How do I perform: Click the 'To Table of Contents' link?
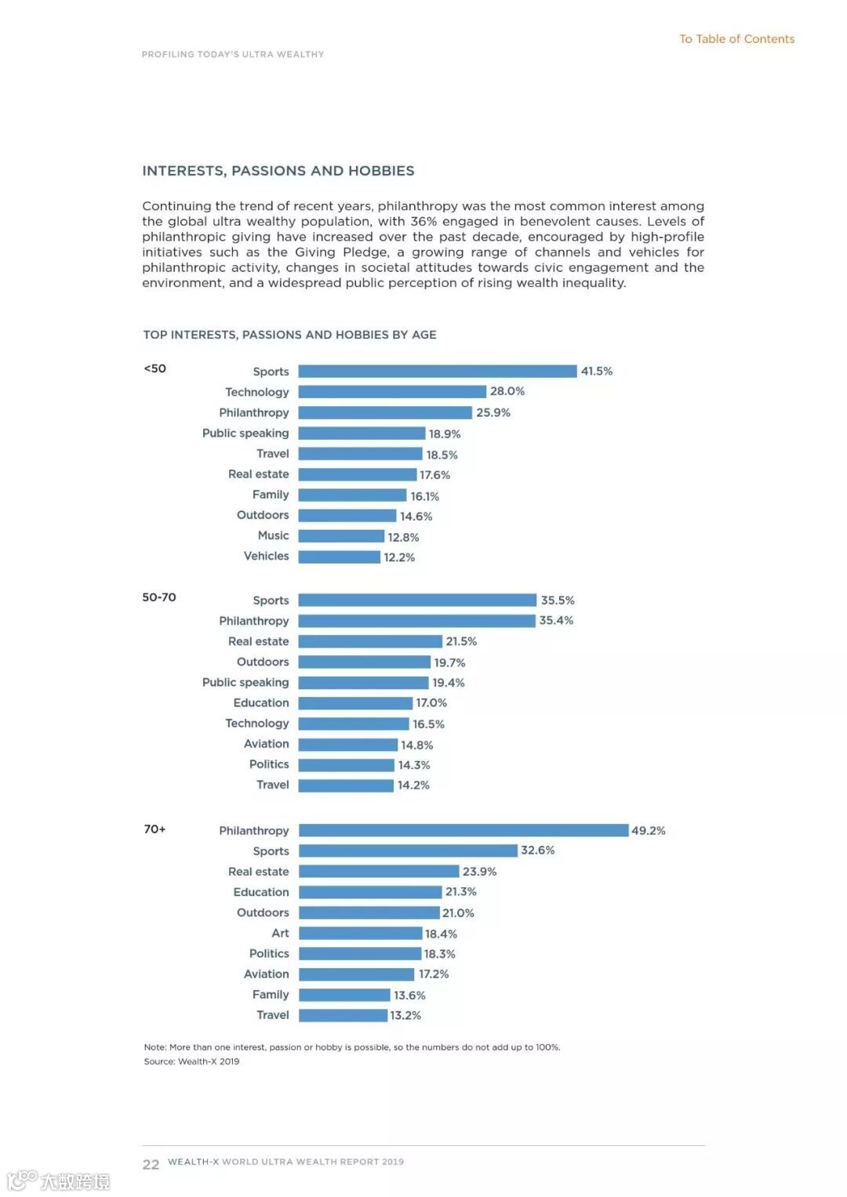[736, 39]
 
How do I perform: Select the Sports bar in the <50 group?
[437, 371]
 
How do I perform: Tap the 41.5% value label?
[596, 371]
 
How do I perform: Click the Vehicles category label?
[266, 556]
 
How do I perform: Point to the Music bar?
[341, 536]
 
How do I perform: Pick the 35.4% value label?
[556, 620]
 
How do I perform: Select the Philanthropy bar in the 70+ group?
[463, 830]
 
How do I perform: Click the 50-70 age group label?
[159, 597]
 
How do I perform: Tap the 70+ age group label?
[154, 829]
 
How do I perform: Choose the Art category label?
[280, 933]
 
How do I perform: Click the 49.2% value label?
[648, 830]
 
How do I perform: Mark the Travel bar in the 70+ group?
[344, 1015]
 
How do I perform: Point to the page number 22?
[151, 1164]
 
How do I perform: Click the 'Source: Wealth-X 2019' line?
[191, 1061]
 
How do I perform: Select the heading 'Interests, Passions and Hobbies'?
[278, 171]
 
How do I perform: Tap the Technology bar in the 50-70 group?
[354, 724]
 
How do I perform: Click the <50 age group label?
[154, 368]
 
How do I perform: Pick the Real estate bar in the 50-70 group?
[370, 641]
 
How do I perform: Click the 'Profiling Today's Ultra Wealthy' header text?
[233, 54]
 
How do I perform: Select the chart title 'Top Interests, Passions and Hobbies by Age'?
[289, 335]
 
